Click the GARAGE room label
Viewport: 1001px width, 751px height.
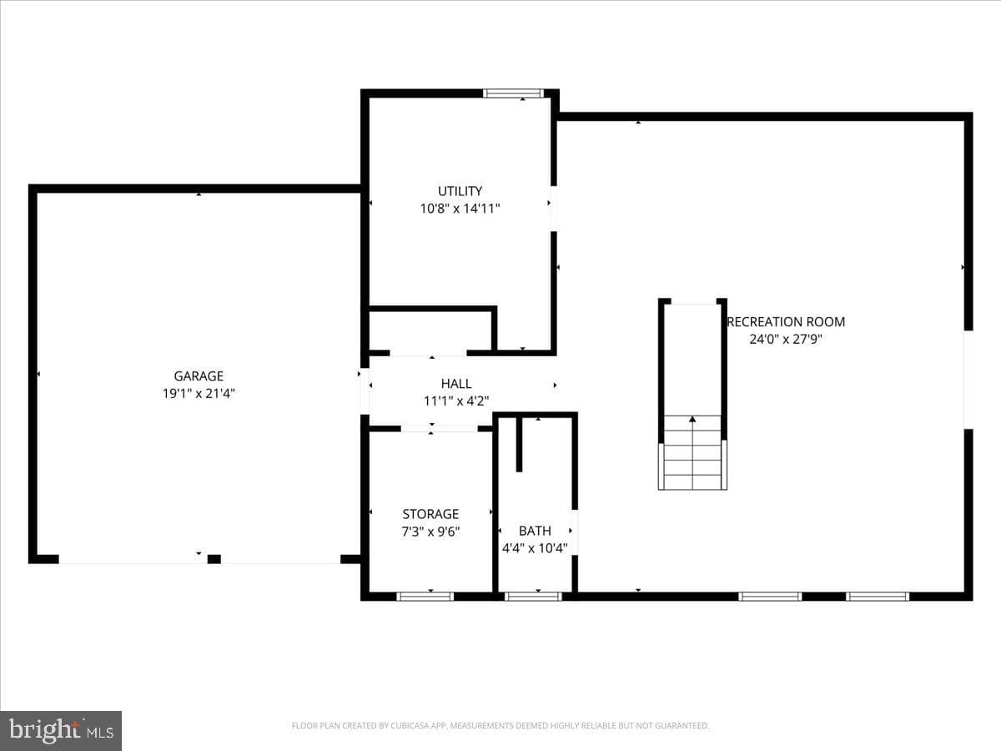coord(199,375)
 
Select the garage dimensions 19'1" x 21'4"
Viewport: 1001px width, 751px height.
coord(199,393)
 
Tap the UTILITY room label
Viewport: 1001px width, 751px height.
coord(460,191)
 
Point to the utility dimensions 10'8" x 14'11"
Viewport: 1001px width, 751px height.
coord(460,209)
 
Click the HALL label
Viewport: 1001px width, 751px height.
coord(456,384)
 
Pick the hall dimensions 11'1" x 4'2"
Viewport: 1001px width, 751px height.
coord(456,401)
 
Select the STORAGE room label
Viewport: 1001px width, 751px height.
coord(430,514)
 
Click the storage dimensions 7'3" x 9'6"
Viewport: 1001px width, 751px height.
coord(430,532)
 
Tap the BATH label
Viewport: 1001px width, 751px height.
coord(535,531)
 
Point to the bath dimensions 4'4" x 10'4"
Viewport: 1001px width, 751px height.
coord(535,547)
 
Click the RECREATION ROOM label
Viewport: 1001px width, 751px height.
coord(786,322)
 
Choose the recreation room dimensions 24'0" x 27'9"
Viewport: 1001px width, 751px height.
coord(786,339)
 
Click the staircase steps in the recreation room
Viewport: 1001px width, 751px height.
coord(692,452)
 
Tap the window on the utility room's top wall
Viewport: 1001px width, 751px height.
coord(514,93)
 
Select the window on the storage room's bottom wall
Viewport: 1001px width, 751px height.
coord(425,597)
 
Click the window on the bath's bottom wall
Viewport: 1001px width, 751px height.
coord(533,597)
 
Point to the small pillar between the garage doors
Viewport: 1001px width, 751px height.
coord(214,559)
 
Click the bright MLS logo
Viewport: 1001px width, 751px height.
coord(61,729)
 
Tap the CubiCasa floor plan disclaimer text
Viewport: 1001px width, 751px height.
coord(500,725)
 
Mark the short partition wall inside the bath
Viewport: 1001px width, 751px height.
coord(519,444)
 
